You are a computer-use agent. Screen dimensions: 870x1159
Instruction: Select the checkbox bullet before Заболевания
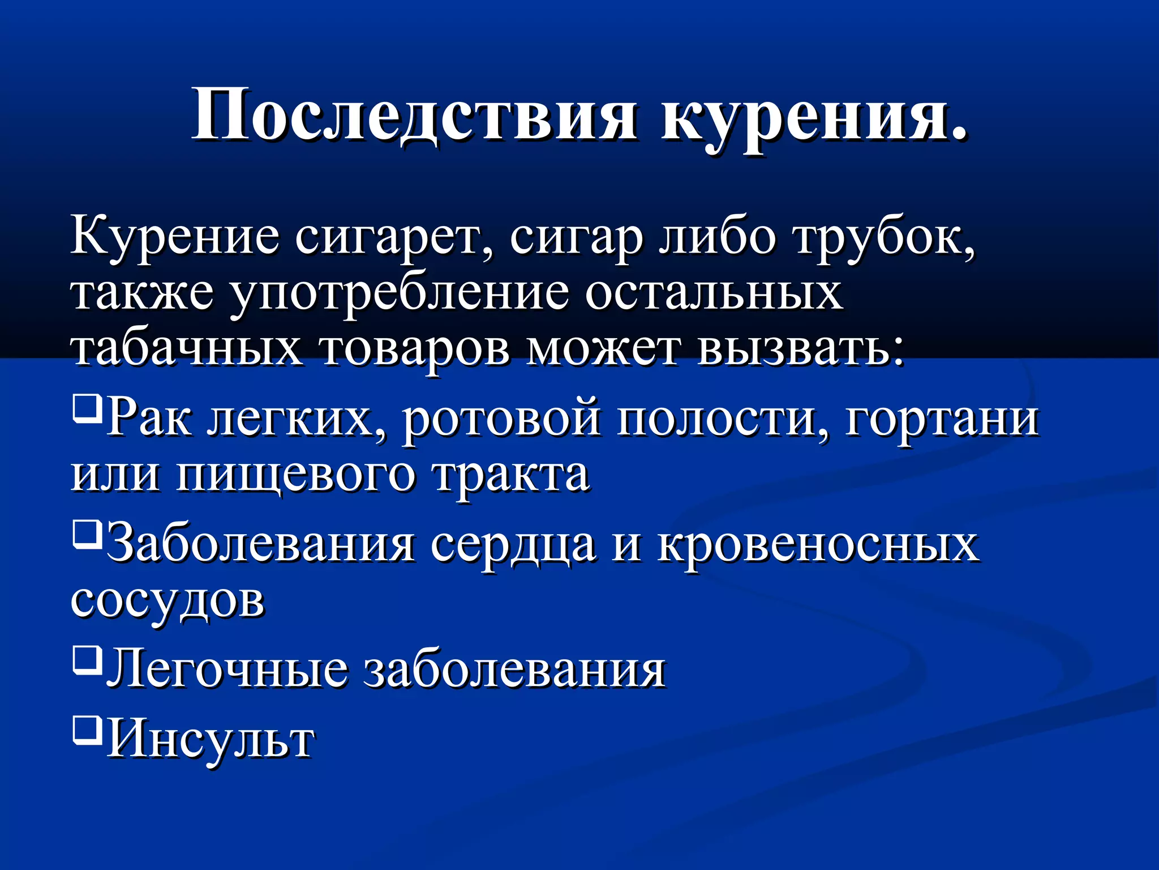(87, 533)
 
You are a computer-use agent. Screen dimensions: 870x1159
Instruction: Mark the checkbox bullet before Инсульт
(87, 728)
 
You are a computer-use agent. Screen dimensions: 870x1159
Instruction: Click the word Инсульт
(211, 740)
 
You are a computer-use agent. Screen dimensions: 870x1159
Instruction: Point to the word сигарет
(393, 238)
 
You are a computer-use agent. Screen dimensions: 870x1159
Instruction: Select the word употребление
(400, 295)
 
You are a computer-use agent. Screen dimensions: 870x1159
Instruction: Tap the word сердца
(513, 545)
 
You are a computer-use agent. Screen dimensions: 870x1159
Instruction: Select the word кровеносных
(818, 545)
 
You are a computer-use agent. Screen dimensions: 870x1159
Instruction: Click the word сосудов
(168, 600)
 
